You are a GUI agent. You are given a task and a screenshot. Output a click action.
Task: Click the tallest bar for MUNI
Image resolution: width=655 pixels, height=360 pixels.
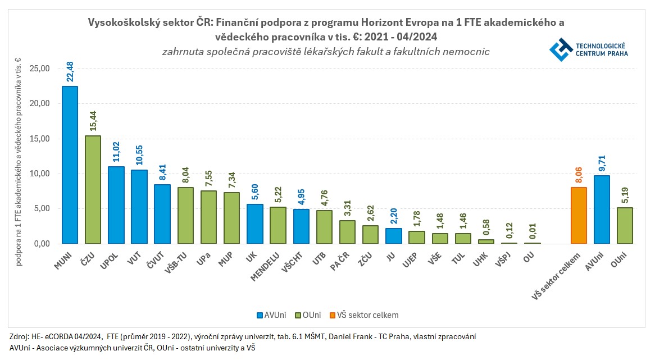[70, 165]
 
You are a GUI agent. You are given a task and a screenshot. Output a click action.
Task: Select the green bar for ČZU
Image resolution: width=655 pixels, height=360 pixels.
[93, 190]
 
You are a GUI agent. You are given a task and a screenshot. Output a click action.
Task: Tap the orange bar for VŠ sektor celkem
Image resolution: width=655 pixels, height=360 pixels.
[579, 216]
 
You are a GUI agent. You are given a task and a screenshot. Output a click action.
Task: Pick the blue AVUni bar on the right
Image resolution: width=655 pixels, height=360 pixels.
[602, 209]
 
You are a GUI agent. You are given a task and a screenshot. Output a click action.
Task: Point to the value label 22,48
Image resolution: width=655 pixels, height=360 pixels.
[70, 72]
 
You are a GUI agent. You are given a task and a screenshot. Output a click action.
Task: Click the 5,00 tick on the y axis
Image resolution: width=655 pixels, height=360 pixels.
[42, 209]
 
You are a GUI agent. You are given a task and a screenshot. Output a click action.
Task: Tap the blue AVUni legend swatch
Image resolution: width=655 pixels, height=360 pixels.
[260, 315]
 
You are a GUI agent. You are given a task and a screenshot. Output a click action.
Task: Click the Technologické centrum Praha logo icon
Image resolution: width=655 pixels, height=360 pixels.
[561, 49]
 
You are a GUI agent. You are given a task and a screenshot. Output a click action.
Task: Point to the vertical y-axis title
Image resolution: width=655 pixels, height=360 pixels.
[19, 162]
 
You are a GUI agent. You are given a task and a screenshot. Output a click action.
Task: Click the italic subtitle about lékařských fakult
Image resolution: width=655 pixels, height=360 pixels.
[326, 52]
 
